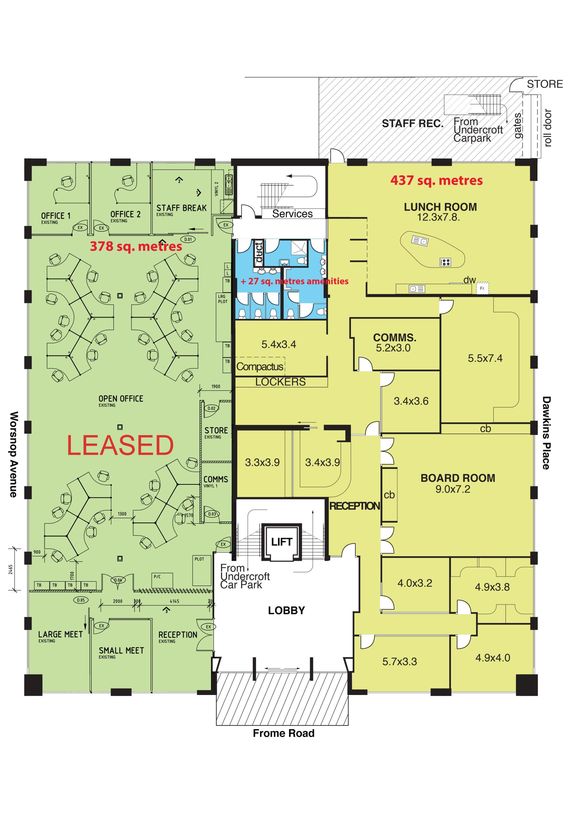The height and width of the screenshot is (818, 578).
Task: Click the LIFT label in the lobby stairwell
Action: point(282,542)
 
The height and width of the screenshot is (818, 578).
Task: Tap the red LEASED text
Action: point(120,445)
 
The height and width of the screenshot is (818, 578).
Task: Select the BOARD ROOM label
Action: point(458,478)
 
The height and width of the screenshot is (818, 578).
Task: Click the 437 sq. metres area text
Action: point(437,181)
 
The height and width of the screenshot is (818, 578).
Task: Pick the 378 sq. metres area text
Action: point(136,246)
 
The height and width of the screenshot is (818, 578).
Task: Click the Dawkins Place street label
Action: point(546,433)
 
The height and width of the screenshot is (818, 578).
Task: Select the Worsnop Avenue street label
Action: point(13,454)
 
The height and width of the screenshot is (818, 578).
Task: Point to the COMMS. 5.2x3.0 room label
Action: point(394,342)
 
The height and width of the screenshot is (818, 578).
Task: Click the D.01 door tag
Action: point(188,239)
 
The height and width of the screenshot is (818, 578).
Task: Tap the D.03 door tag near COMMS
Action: point(212,514)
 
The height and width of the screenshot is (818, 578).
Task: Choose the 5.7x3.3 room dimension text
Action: point(399,662)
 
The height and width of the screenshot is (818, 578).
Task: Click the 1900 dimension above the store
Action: point(216,386)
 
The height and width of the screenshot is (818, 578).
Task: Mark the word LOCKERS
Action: point(280,382)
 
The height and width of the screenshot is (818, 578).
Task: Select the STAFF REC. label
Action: point(413,124)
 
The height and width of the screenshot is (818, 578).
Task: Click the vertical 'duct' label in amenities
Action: point(259,252)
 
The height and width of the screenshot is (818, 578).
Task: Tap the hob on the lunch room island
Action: point(445,262)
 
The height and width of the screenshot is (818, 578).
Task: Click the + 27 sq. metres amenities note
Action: point(294,281)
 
